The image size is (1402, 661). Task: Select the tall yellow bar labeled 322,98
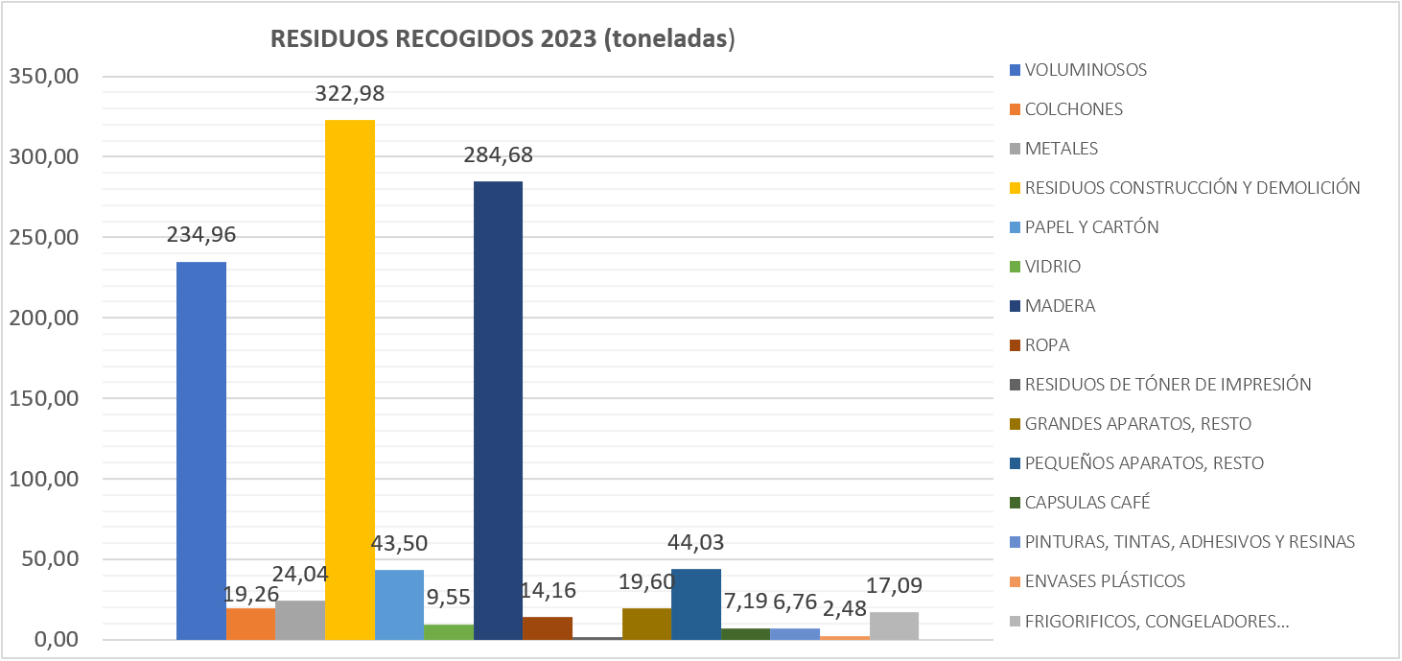pyautogui.click(x=350, y=379)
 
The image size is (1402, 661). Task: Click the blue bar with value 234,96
pyautogui.click(x=201, y=451)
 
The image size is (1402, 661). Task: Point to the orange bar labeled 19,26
pyautogui.click(x=251, y=624)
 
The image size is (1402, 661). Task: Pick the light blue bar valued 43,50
pyautogui.click(x=399, y=604)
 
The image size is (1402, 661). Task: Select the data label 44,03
pyautogui.click(x=695, y=543)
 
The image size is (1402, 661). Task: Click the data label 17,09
pyautogui.click(x=895, y=584)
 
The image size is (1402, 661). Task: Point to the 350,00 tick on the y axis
pyautogui.click(x=43, y=77)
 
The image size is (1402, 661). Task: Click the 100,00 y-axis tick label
pyautogui.click(x=43, y=479)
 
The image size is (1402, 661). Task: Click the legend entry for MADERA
pyautogui.click(x=1060, y=306)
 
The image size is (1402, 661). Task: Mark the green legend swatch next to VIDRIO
pyautogui.click(x=1015, y=267)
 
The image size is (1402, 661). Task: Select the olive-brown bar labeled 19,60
pyautogui.click(x=646, y=624)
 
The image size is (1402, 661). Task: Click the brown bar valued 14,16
pyautogui.click(x=548, y=628)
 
